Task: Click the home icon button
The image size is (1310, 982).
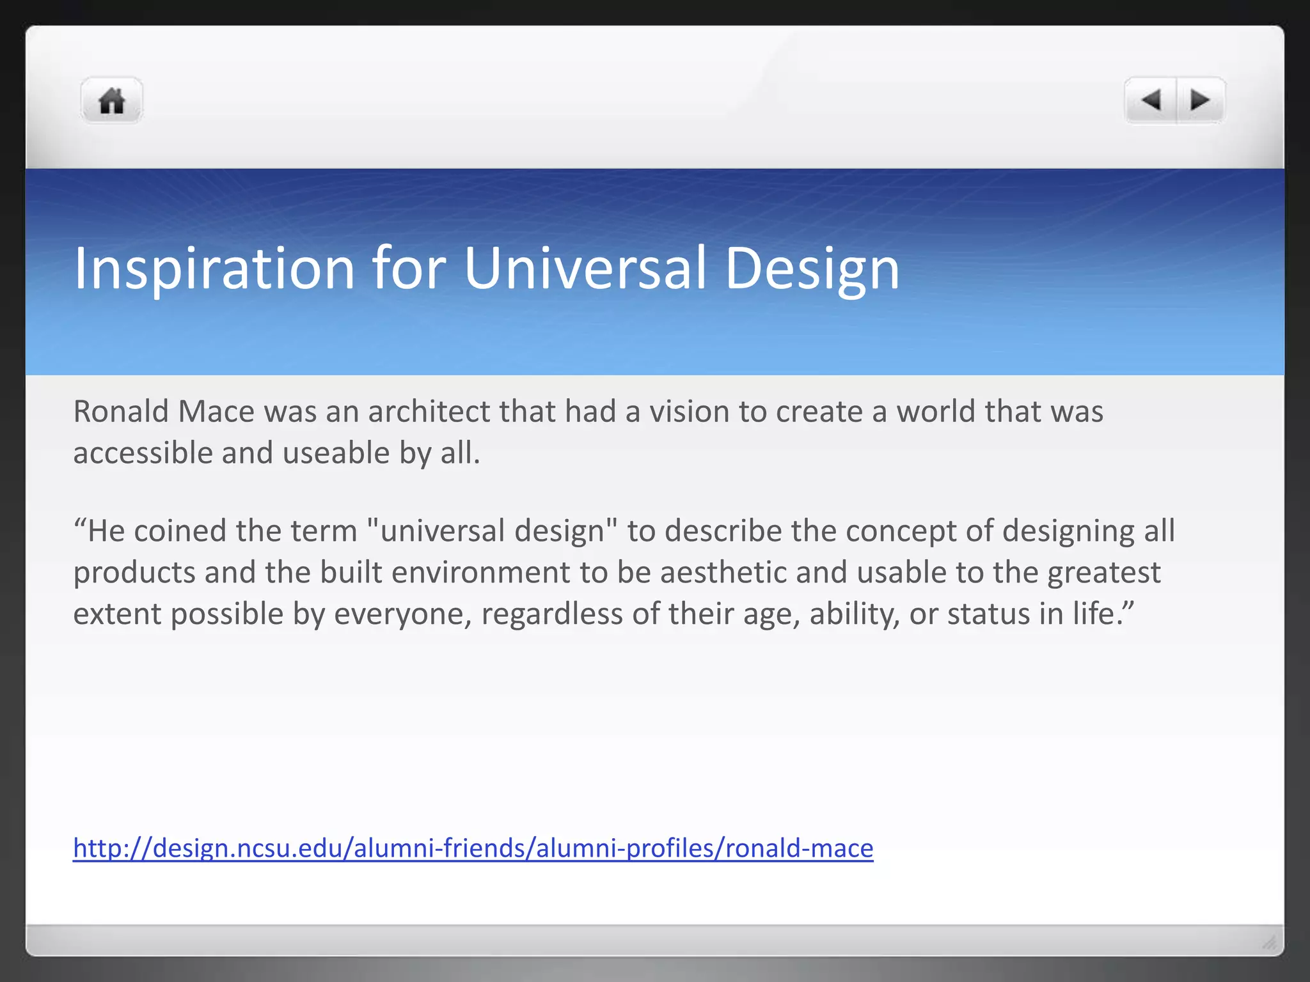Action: [x=111, y=101]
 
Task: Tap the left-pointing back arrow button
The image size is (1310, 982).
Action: [x=1151, y=100]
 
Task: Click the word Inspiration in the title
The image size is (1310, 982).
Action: [x=214, y=269]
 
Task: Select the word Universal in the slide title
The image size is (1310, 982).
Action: [x=585, y=269]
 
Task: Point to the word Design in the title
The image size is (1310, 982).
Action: [x=812, y=269]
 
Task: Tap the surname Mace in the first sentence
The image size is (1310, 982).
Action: [x=216, y=411]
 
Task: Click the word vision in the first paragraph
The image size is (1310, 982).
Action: [x=690, y=411]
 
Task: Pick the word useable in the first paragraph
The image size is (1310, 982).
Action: [x=336, y=453]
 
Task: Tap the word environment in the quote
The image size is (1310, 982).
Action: [x=480, y=572]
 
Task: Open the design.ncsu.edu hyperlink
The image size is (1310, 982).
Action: [x=473, y=848]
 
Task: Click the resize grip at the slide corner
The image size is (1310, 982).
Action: [x=1270, y=942]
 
